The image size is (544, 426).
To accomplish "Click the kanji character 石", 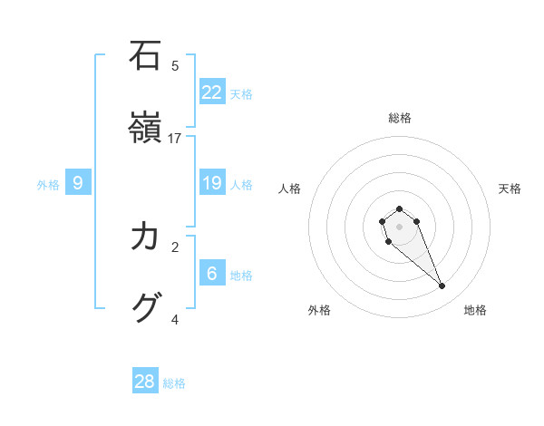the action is click(146, 56).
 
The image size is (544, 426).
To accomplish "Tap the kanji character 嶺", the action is click(146, 129).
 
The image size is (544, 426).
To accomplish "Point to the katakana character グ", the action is click(146, 308).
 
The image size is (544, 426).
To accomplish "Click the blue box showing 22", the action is click(212, 92).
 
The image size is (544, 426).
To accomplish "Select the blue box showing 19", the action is click(212, 183).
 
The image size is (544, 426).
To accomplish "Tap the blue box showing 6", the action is click(212, 273).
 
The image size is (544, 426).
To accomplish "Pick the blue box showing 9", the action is click(78, 183).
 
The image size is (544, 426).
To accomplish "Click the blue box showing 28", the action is click(145, 382).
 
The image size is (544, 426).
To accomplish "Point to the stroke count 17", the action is click(175, 139).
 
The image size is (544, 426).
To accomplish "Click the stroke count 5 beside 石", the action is click(175, 65).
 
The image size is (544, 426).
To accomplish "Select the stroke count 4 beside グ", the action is click(175, 319).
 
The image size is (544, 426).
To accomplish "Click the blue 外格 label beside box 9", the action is click(48, 185).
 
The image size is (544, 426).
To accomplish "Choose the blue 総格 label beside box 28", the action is click(174, 383).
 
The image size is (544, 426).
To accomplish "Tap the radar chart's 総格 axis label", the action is click(400, 118).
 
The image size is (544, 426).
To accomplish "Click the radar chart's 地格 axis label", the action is click(475, 311).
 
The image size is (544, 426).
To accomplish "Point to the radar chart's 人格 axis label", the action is click(290, 189).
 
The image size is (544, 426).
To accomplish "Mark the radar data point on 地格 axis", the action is click(442, 286).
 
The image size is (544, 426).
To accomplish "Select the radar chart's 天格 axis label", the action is click(510, 189).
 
